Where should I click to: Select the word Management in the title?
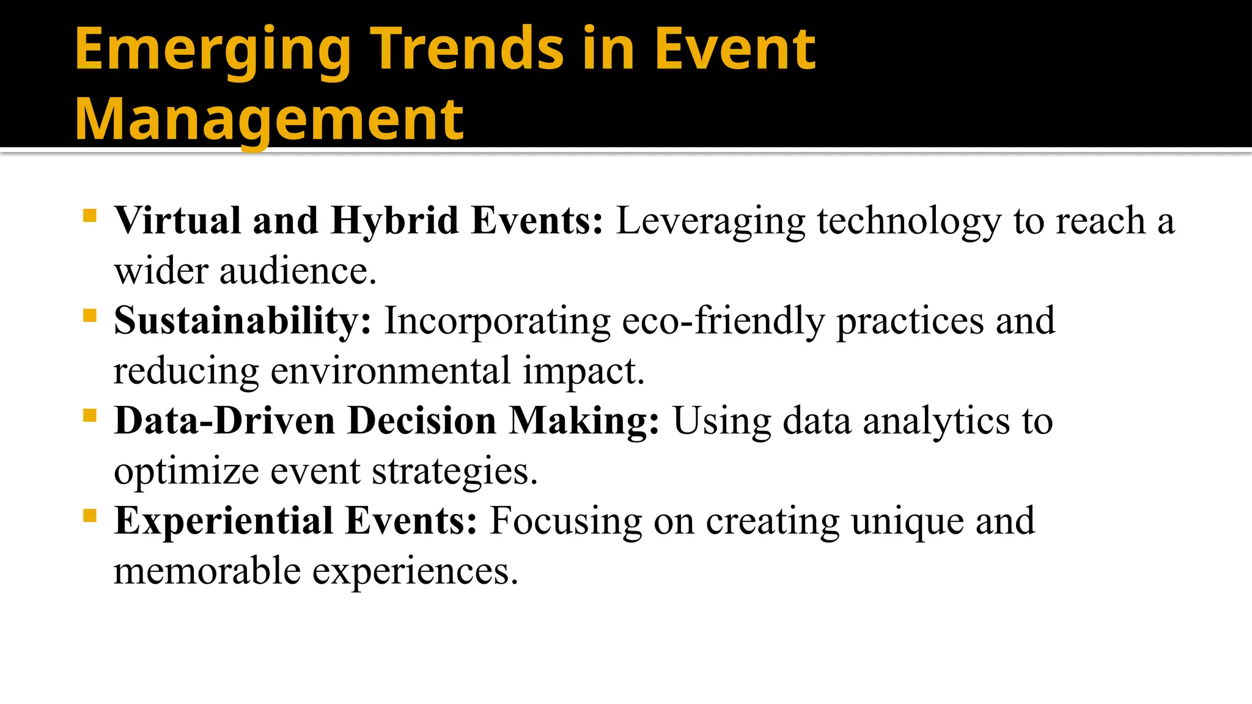[x=269, y=120]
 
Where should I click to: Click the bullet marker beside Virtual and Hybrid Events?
[x=90, y=216]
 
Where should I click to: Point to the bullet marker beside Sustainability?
[x=90, y=316]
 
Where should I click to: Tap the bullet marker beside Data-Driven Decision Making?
[x=90, y=416]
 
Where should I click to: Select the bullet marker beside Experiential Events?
[x=90, y=516]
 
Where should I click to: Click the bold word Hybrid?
[x=394, y=221]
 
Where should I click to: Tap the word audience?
[x=298, y=271]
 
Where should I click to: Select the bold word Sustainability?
[x=242, y=321]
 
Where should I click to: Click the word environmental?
[x=390, y=372]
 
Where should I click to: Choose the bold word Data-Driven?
[x=224, y=422]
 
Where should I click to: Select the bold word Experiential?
[x=223, y=522]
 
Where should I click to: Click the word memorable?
[x=207, y=572]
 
